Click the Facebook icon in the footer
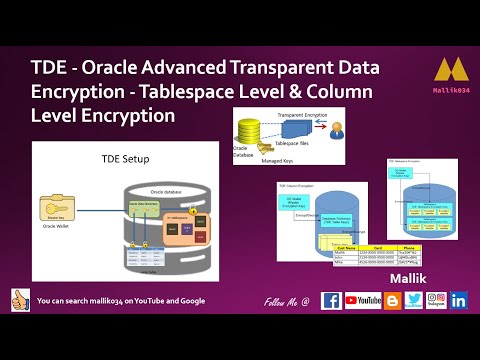(331, 300)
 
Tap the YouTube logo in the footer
(361, 300)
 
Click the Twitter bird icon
(412, 300)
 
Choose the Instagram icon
(436, 300)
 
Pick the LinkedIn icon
(460, 300)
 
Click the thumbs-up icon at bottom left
(19, 299)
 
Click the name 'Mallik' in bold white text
(409, 271)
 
